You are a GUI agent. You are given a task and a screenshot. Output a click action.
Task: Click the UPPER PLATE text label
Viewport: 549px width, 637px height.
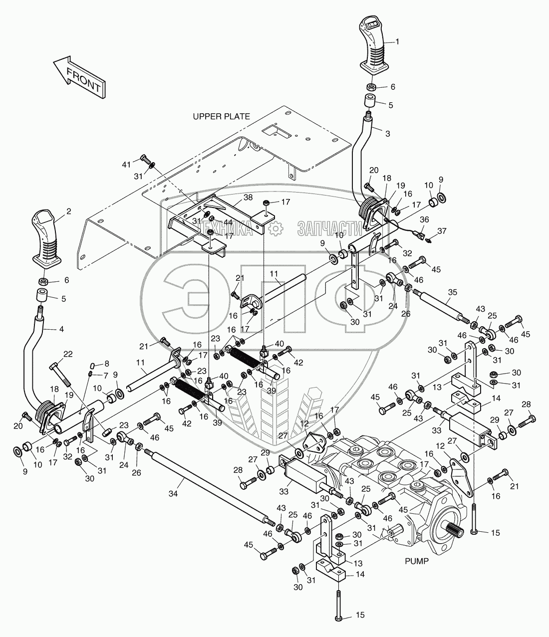point(221,117)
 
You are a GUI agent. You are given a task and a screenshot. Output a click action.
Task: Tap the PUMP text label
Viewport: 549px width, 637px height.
point(417,561)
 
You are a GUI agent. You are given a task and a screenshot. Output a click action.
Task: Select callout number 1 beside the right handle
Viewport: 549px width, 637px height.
point(397,41)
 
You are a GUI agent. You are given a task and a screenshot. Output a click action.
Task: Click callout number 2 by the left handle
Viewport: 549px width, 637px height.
point(68,212)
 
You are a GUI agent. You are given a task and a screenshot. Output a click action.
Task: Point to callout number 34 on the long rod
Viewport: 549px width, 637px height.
point(173,494)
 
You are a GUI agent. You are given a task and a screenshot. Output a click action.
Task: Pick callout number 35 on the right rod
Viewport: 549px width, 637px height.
point(453,292)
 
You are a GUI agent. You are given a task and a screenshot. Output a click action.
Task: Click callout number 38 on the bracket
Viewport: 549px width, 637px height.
point(248,197)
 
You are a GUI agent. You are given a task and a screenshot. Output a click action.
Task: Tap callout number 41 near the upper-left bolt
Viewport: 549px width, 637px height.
point(126,165)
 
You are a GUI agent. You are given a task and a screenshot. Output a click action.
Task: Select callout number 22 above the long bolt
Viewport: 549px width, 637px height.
point(68,354)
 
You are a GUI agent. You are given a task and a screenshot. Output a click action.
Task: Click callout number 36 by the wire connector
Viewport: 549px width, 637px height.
point(424,219)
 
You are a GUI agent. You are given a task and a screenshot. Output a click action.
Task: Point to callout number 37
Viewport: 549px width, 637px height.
point(442,231)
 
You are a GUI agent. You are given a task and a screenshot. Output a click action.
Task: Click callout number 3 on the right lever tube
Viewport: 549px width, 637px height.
point(388,134)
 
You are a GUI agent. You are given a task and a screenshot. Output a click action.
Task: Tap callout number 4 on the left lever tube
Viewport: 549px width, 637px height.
point(61,329)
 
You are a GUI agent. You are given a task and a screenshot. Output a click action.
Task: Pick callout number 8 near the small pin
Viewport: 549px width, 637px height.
point(107,364)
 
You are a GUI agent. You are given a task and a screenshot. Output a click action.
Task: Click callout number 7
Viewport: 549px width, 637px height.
point(106,376)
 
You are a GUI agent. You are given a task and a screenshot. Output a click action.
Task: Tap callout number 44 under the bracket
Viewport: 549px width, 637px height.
point(228,222)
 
